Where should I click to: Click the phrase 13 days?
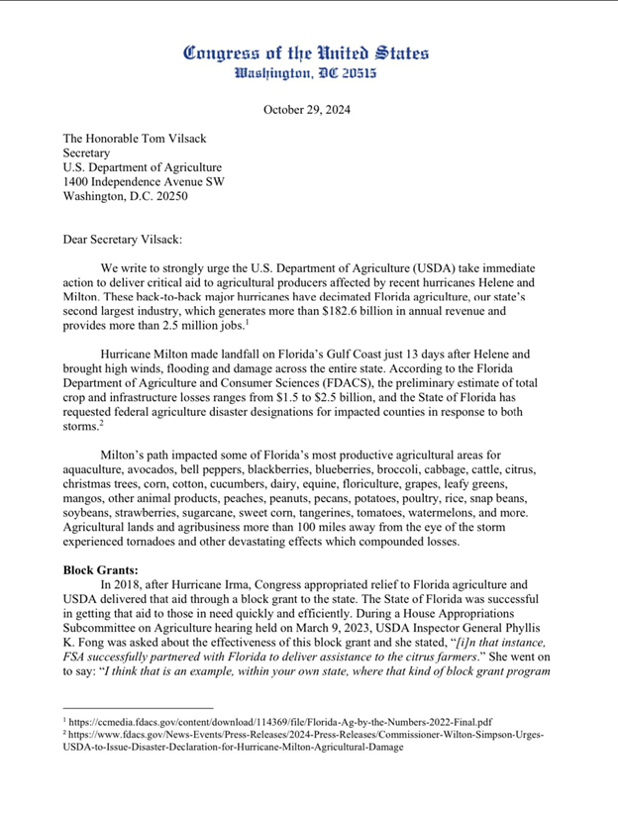396,354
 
